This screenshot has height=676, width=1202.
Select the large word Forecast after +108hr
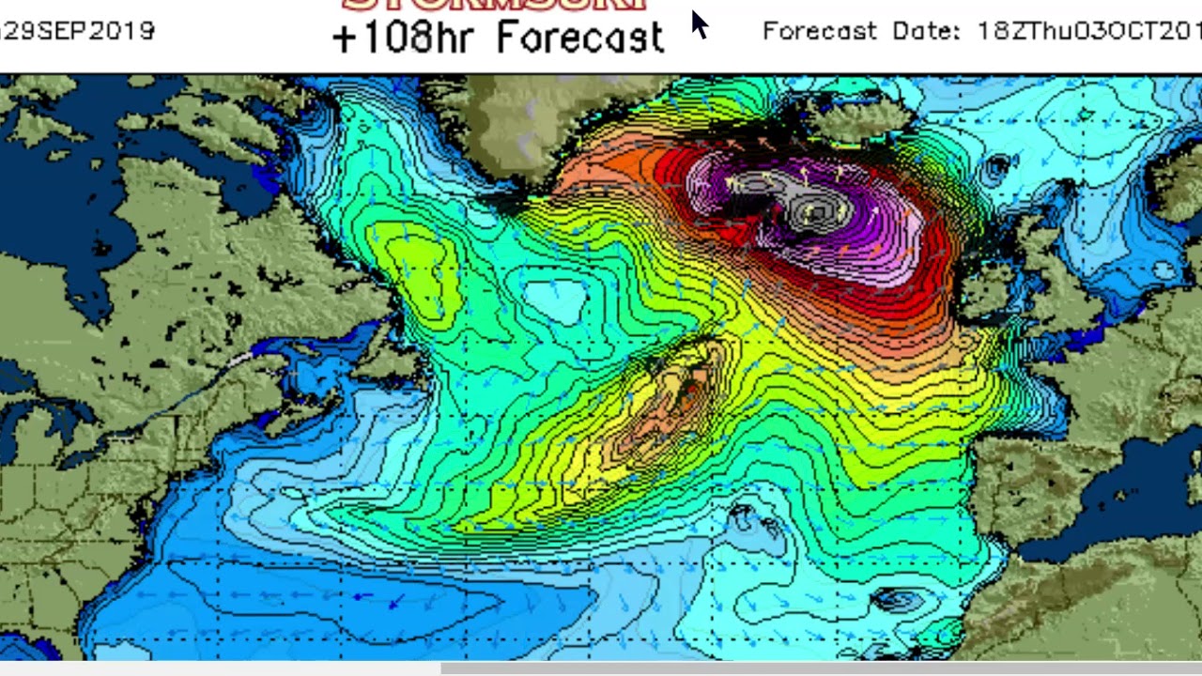[580, 38]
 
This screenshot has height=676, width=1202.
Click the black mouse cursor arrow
[700, 23]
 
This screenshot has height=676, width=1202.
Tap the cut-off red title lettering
[495, 5]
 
